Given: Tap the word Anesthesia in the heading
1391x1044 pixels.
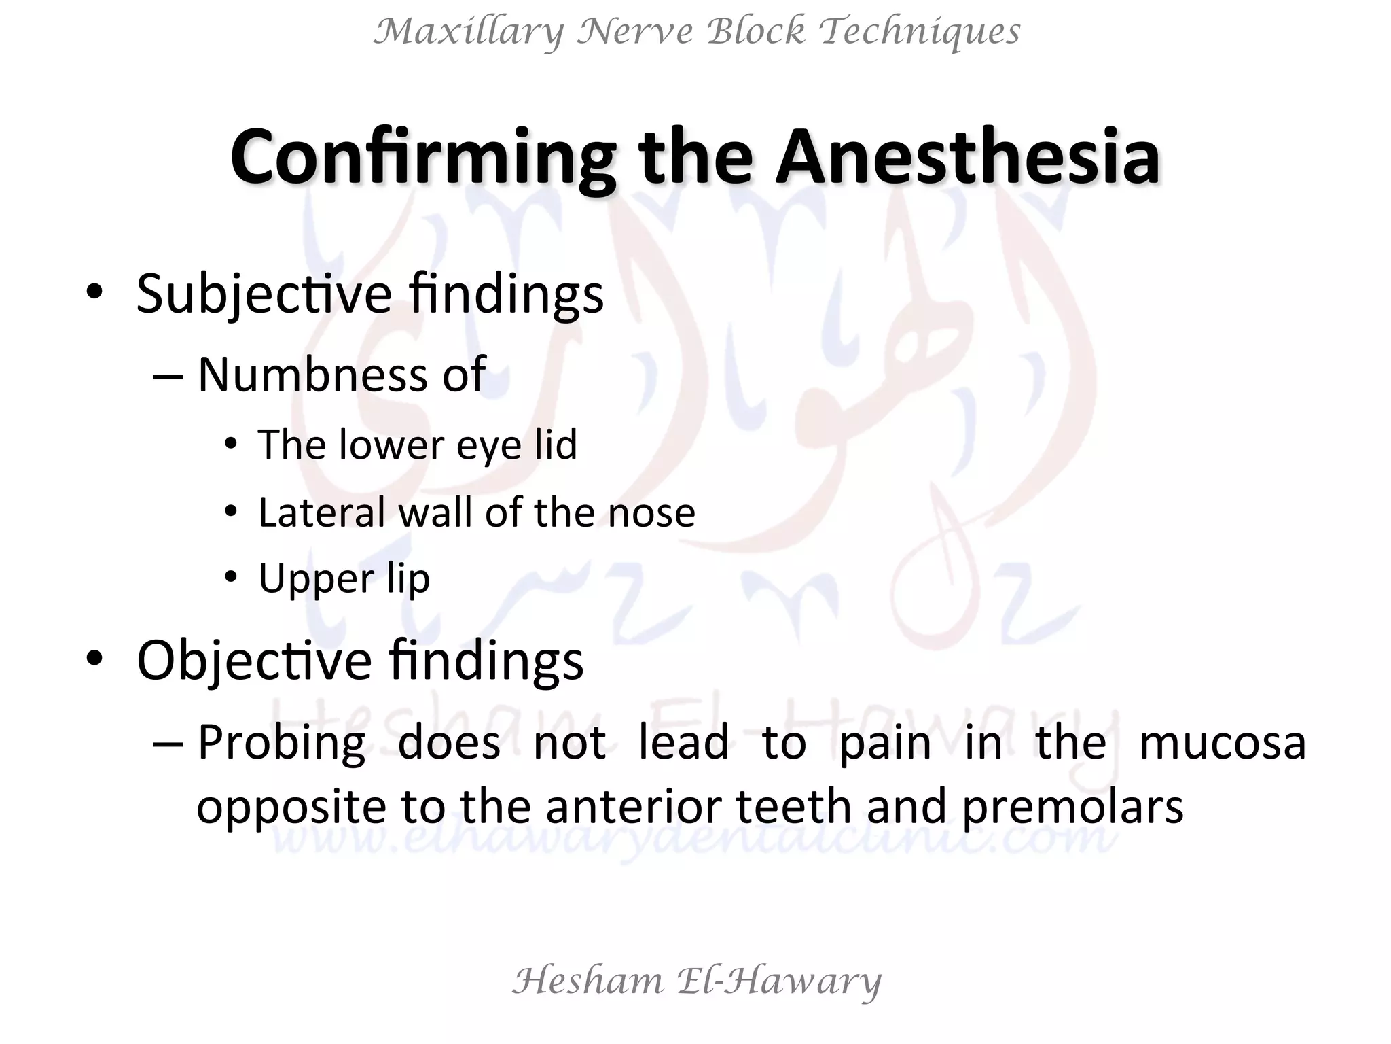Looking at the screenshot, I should [x=967, y=158].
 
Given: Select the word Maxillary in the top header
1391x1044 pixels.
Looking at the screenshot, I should [x=469, y=32].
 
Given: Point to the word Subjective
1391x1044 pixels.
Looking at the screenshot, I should [x=264, y=294].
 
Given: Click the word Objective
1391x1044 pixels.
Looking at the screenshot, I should [x=254, y=660].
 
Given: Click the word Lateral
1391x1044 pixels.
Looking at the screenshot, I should [x=321, y=512].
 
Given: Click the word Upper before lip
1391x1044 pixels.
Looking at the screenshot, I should [x=316, y=580].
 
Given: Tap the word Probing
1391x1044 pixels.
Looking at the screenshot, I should [x=281, y=742].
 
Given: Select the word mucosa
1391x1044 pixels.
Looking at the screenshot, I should [x=1222, y=742].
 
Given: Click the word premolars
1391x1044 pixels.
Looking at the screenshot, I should [x=1072, y=807].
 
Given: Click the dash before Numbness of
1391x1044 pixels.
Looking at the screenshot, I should [x=168, y=375].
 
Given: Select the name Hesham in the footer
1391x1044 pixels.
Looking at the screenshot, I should [x=588, y=981].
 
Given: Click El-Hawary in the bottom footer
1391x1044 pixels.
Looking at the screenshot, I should [x=779, y=981].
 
